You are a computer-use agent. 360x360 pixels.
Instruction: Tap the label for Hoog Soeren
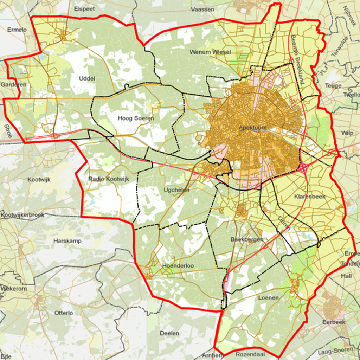[136, 118]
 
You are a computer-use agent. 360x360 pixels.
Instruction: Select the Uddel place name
[87, 78]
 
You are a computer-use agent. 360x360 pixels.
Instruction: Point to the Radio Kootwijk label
[109, 179]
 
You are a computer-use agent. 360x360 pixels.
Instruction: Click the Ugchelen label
[176, 190]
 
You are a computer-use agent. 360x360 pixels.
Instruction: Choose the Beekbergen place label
[247, 239]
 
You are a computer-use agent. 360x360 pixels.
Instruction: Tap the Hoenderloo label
[178, 266]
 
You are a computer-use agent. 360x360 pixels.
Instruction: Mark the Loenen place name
[268, 297]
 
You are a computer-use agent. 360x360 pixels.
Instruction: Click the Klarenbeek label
[310, 196]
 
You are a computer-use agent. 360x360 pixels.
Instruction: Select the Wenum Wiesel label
[210, 52]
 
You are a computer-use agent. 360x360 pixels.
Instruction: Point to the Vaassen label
[202, 9]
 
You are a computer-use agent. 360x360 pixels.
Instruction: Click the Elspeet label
[85, 9]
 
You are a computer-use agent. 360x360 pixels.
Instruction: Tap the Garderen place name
[9, 85]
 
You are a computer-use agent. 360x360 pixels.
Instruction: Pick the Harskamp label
[67, 241]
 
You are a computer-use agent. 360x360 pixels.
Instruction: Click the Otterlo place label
[64, 313]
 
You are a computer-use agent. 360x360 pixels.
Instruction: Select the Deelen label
[169, 333]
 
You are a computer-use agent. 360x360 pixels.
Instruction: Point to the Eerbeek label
[334, 322]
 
